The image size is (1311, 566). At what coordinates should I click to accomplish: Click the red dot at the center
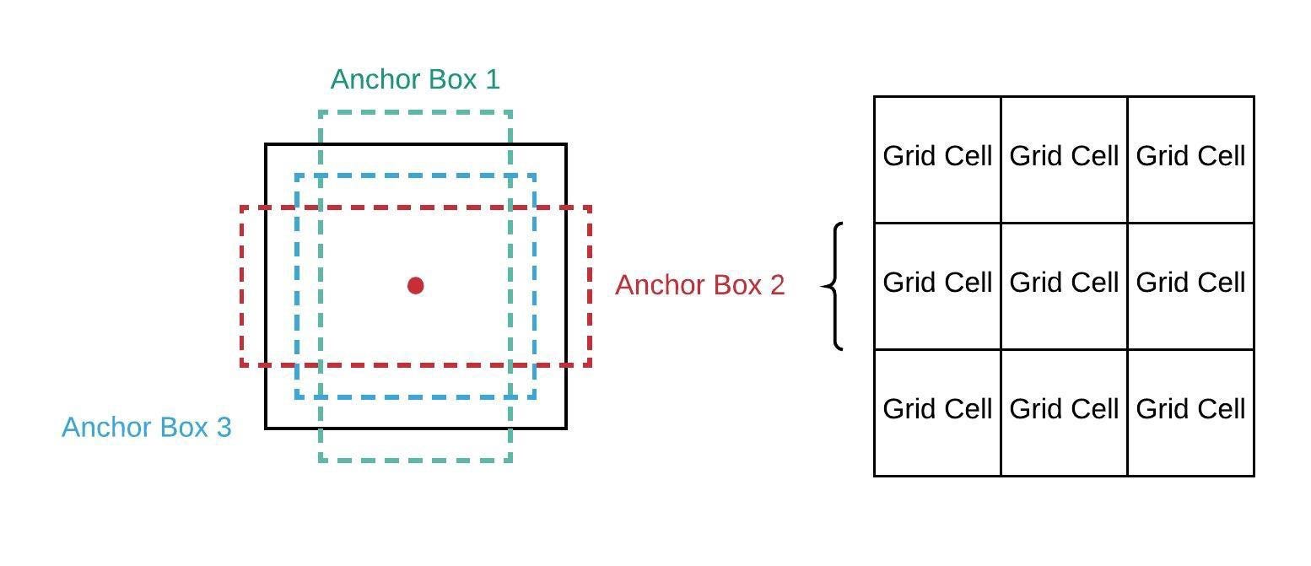click(x=415, y=286)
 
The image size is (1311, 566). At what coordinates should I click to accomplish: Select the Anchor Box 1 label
click(x=415, y=79)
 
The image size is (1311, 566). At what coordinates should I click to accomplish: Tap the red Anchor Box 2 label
click(x=699, y=285)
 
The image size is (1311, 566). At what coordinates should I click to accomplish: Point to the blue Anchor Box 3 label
click(x=146, y=427)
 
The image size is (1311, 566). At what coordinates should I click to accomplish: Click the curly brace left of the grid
click(x=834, y=286)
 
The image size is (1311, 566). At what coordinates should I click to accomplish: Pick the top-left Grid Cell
click(x=937, y=156)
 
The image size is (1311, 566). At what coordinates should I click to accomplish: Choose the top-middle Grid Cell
click(x=1064, y=156)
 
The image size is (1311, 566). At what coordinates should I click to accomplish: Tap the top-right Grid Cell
click(x=1190, y=156)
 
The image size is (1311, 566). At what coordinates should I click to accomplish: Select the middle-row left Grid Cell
click(x=937, y=283)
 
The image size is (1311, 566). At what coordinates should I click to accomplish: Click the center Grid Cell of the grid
click(x=1064, y=283)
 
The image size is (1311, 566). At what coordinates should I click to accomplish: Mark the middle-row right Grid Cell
click(x=1190, y=283)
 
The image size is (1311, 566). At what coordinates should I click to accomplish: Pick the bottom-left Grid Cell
click(x=937, y=409)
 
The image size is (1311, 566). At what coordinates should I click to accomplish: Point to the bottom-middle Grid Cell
click(x=1064, y=409)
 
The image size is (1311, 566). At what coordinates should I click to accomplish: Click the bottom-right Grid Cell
click(x=1190, y=409)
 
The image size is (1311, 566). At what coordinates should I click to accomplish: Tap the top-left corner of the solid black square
click(x=267, y=144)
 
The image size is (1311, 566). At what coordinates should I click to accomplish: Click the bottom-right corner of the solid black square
click(x=565, y=428)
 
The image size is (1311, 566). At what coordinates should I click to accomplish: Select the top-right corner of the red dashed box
click(x=590, y=208)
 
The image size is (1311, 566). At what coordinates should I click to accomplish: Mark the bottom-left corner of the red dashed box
click(x=242, y=364)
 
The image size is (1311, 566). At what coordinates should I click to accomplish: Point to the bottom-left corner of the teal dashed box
click(x=321, y=461)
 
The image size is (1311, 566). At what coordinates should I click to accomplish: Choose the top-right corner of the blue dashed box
click(x=534, y=175)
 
